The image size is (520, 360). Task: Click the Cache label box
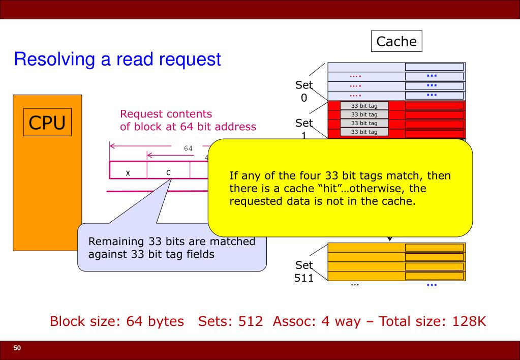[397, 41]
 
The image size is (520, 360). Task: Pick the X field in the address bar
[128, 172]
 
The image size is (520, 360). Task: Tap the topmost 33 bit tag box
[363, 106]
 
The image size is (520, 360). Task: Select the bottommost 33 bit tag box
[363, 132]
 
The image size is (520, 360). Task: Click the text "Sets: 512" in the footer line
[223, 321]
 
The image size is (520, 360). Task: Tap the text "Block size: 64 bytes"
[116, 321]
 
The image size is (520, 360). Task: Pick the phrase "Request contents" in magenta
[166, 114]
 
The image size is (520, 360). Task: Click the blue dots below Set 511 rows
[432, 284]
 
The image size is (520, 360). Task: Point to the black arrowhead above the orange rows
[390, 238]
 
